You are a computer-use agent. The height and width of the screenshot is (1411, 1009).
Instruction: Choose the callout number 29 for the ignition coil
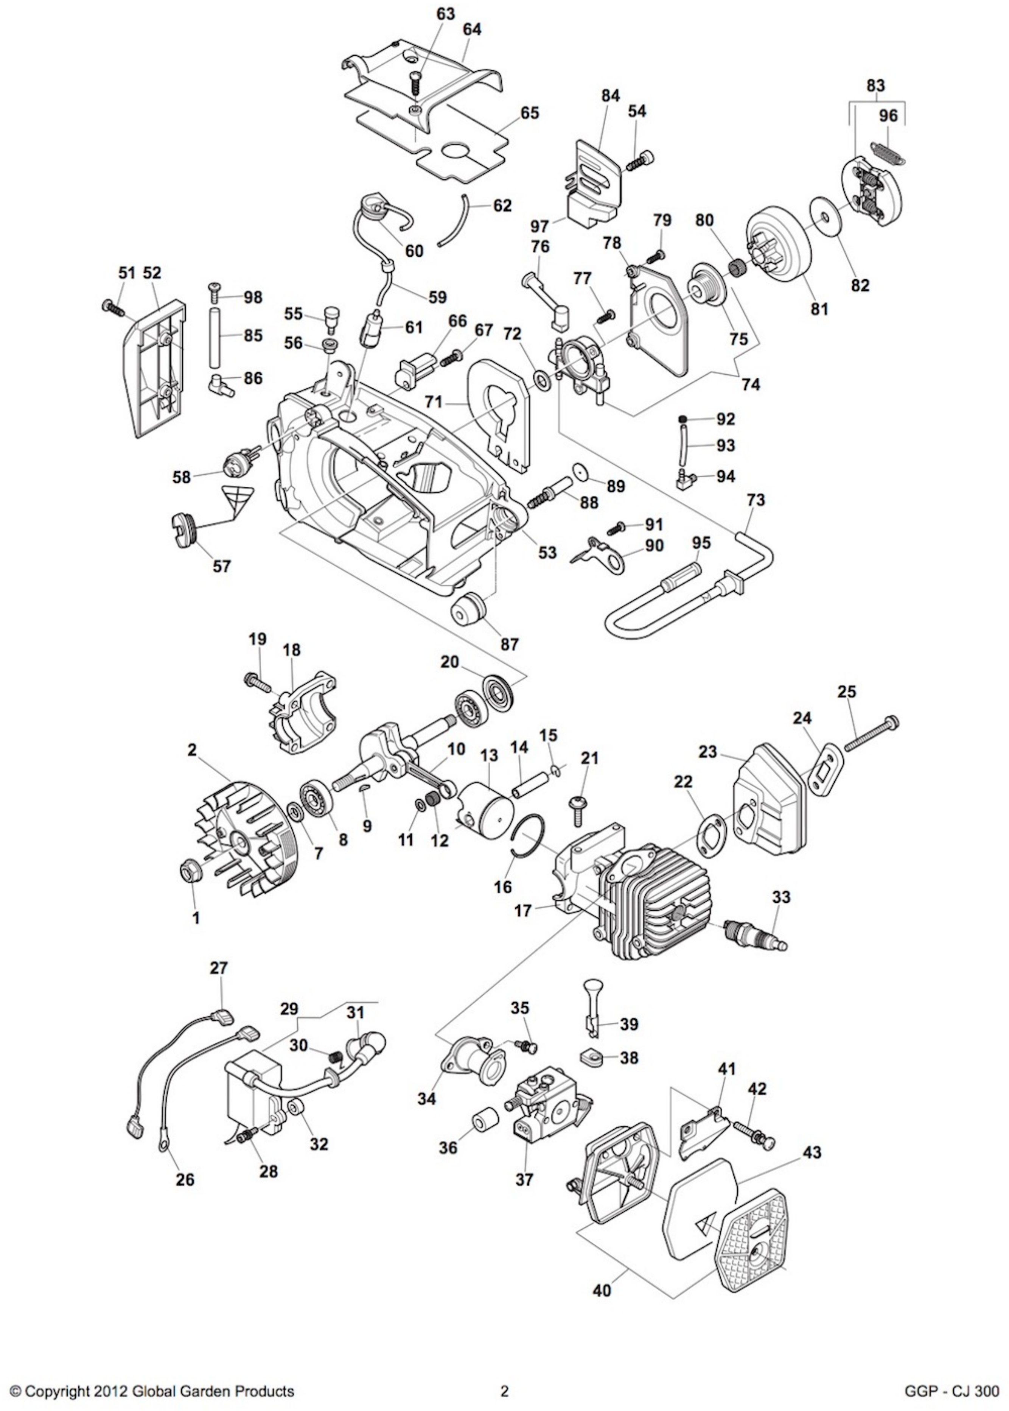(289, 1008)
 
